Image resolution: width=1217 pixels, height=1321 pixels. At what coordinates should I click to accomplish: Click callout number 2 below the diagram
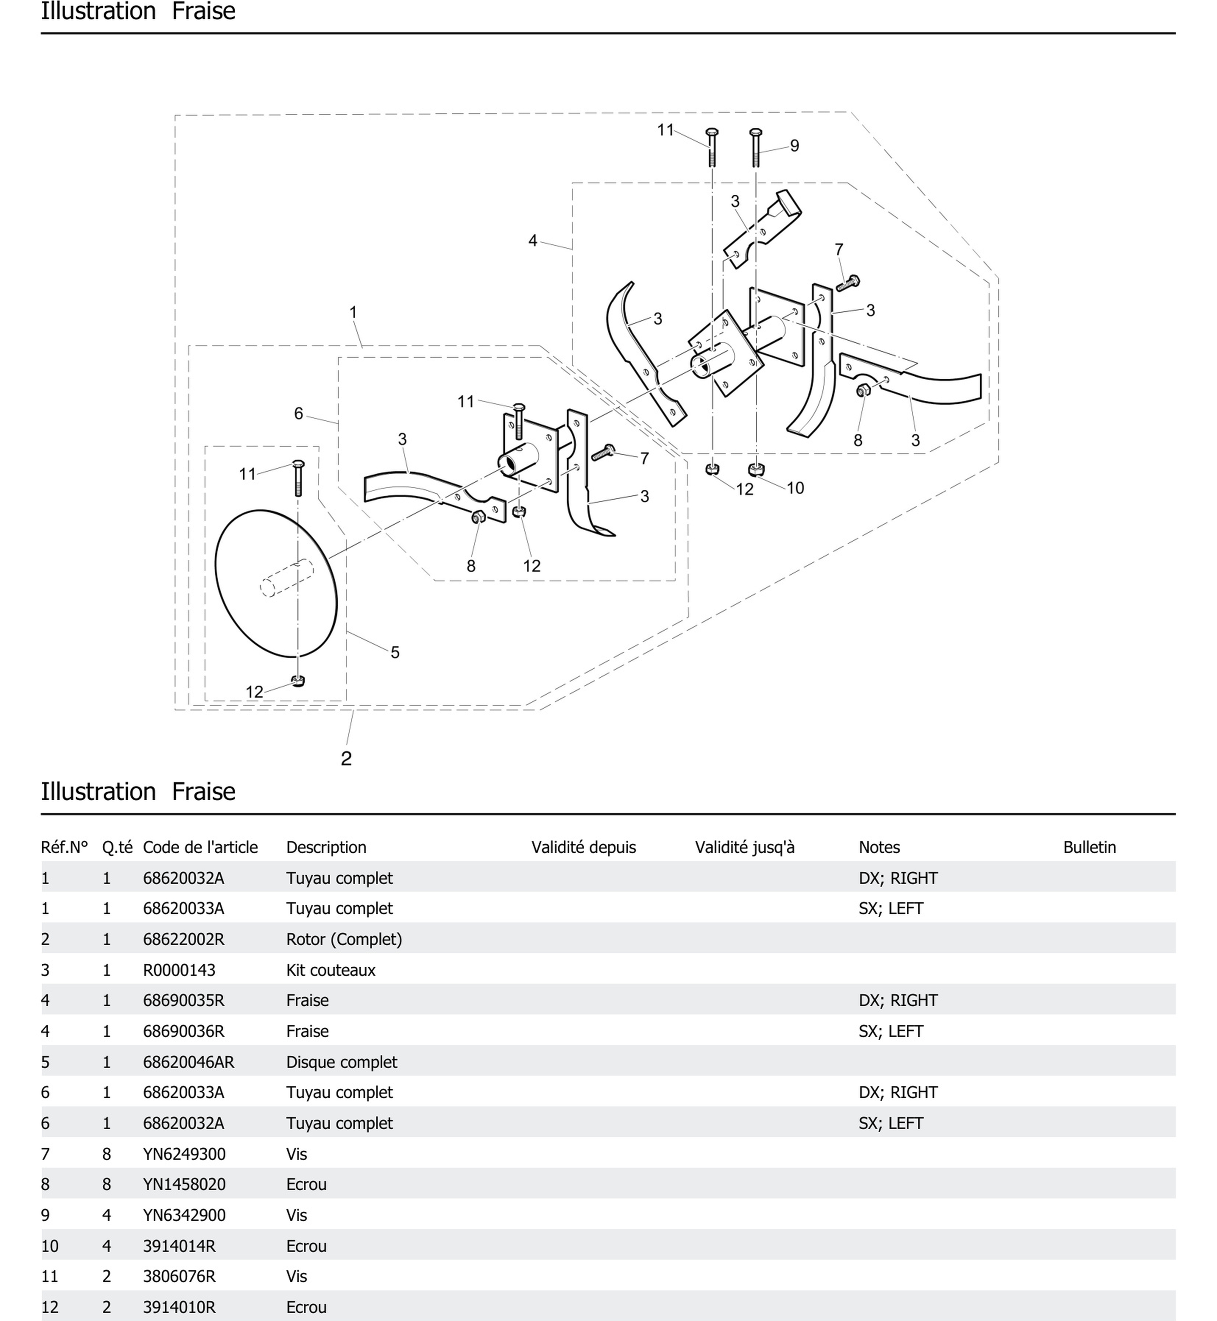click(x=346, y=758)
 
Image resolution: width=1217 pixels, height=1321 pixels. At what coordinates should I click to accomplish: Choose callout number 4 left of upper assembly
click(x=533, y=241)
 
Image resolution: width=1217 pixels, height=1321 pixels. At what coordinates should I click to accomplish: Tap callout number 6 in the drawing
click(x=298, y=413)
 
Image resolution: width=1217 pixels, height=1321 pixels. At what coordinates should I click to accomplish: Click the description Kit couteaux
click(x=331, y=970)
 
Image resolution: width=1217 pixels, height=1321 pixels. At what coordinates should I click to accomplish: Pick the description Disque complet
click(x=341, y=1062)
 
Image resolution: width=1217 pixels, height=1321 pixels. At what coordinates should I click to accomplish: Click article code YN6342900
click(x=184, y=1215)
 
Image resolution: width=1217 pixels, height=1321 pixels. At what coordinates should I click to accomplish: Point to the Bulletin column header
click(x=1089, y=847)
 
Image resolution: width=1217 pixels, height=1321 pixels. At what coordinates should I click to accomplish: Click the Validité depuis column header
click(x=583, y=847)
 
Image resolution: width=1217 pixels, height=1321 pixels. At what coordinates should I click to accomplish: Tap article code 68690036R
click(x=184, y=1031)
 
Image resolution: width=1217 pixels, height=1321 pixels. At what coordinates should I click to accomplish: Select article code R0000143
click(x=179, y=970)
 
